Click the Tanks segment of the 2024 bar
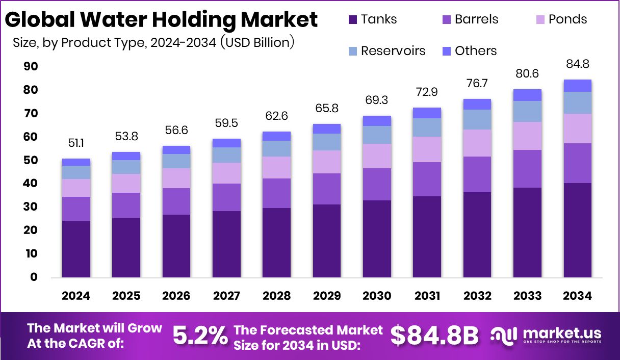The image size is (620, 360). tap(76, 249)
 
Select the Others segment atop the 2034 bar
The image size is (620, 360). tap(577, 86)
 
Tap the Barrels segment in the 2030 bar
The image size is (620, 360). tap(377, 184)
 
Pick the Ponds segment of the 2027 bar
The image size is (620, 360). tap(226, 173)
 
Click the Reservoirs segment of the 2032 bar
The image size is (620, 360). tap(477, 119)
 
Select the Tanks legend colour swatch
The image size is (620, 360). tap(353, 20)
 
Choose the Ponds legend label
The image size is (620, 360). tap(567, 19)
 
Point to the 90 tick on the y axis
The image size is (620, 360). tap(31, 67)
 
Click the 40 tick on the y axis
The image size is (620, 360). tap(31, 184)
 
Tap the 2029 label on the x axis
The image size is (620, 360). tap(327, 296)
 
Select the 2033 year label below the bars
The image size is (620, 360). tap(527, 296)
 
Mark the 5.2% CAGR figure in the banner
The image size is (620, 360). tap(200, 336)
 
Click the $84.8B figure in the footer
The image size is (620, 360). tap(434, 336)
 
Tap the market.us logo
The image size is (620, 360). tap(546, 336)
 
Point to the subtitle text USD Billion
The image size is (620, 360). tap(257, 42)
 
